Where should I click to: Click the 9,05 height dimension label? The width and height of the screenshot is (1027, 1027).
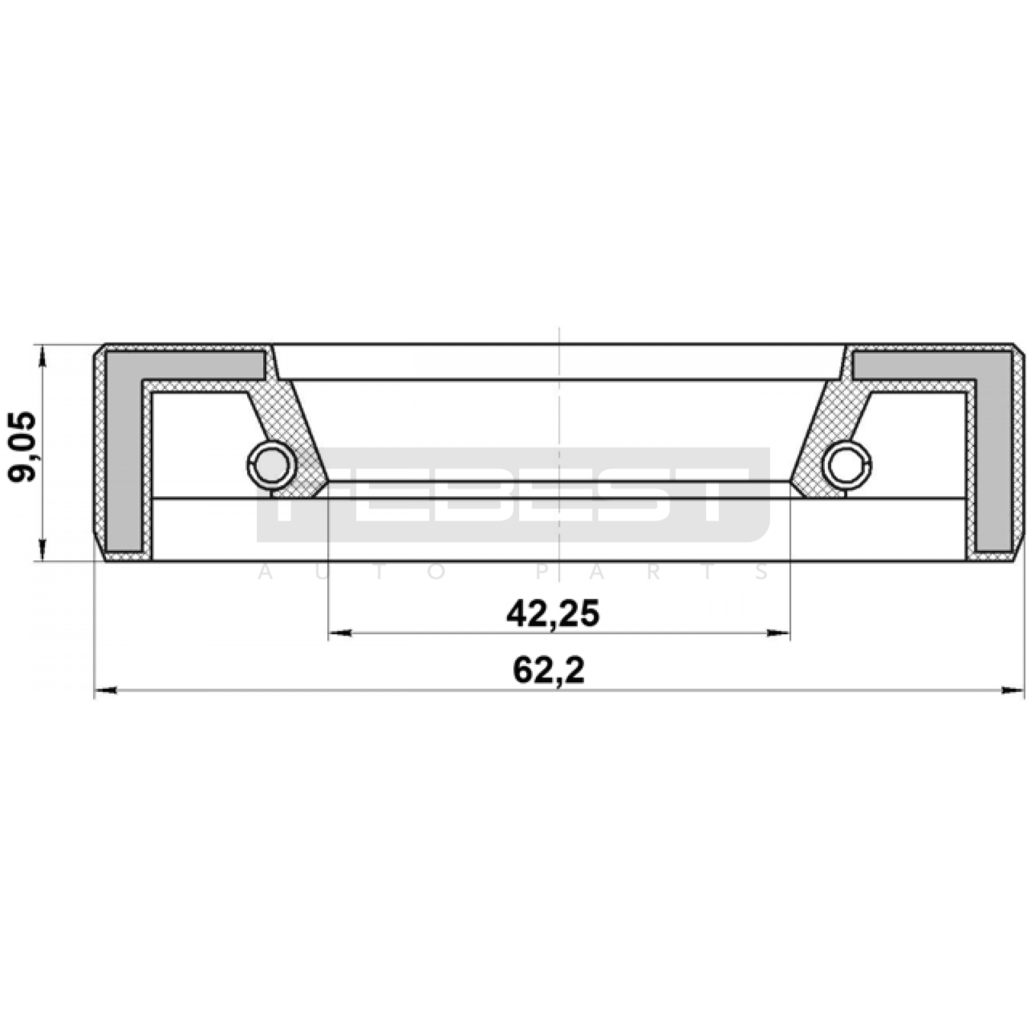coord(23,447)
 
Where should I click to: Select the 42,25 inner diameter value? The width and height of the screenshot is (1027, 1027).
coord(553,614)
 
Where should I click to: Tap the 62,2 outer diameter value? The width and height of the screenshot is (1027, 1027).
coord(549,671)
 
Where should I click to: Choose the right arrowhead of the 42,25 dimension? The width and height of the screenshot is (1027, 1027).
coord(778,634)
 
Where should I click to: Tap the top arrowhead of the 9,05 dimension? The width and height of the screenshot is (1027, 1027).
coord(43,356)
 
